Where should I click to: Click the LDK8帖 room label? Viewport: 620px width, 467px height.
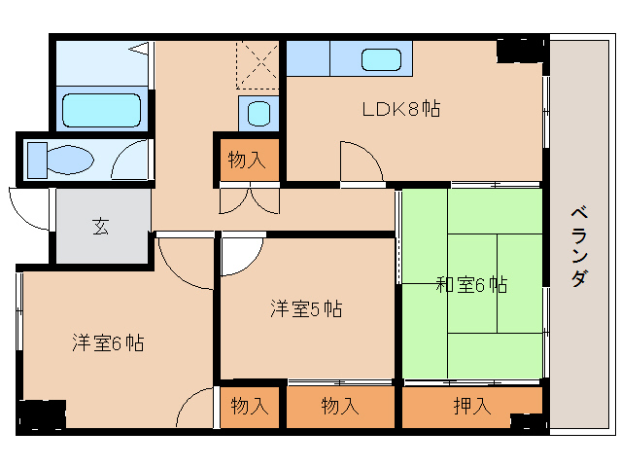[x=401, y=109]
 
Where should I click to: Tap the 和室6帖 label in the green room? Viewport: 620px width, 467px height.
[x=470, y=285]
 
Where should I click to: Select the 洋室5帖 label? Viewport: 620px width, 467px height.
[x=305, y=309]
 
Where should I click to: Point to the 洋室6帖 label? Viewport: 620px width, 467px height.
[x=108, y=342]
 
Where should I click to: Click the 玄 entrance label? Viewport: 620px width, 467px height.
[x=101, y=227]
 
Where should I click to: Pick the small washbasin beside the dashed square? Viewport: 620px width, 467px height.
[x=258, y=113]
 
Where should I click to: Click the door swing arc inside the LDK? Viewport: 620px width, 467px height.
[x=354, y=159]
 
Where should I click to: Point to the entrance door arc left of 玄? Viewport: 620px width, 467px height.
[x=29, y=206]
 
